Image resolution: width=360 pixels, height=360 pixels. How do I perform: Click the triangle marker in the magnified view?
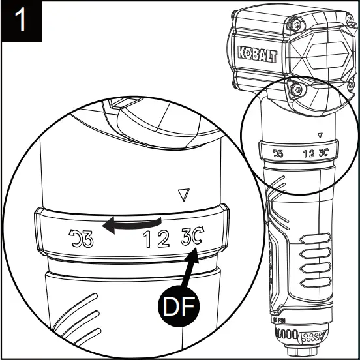(x=183, y=194)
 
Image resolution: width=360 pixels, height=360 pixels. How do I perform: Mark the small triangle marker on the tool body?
(x=319, y=136)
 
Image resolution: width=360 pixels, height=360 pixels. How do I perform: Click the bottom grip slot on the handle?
(x=318, y=284)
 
